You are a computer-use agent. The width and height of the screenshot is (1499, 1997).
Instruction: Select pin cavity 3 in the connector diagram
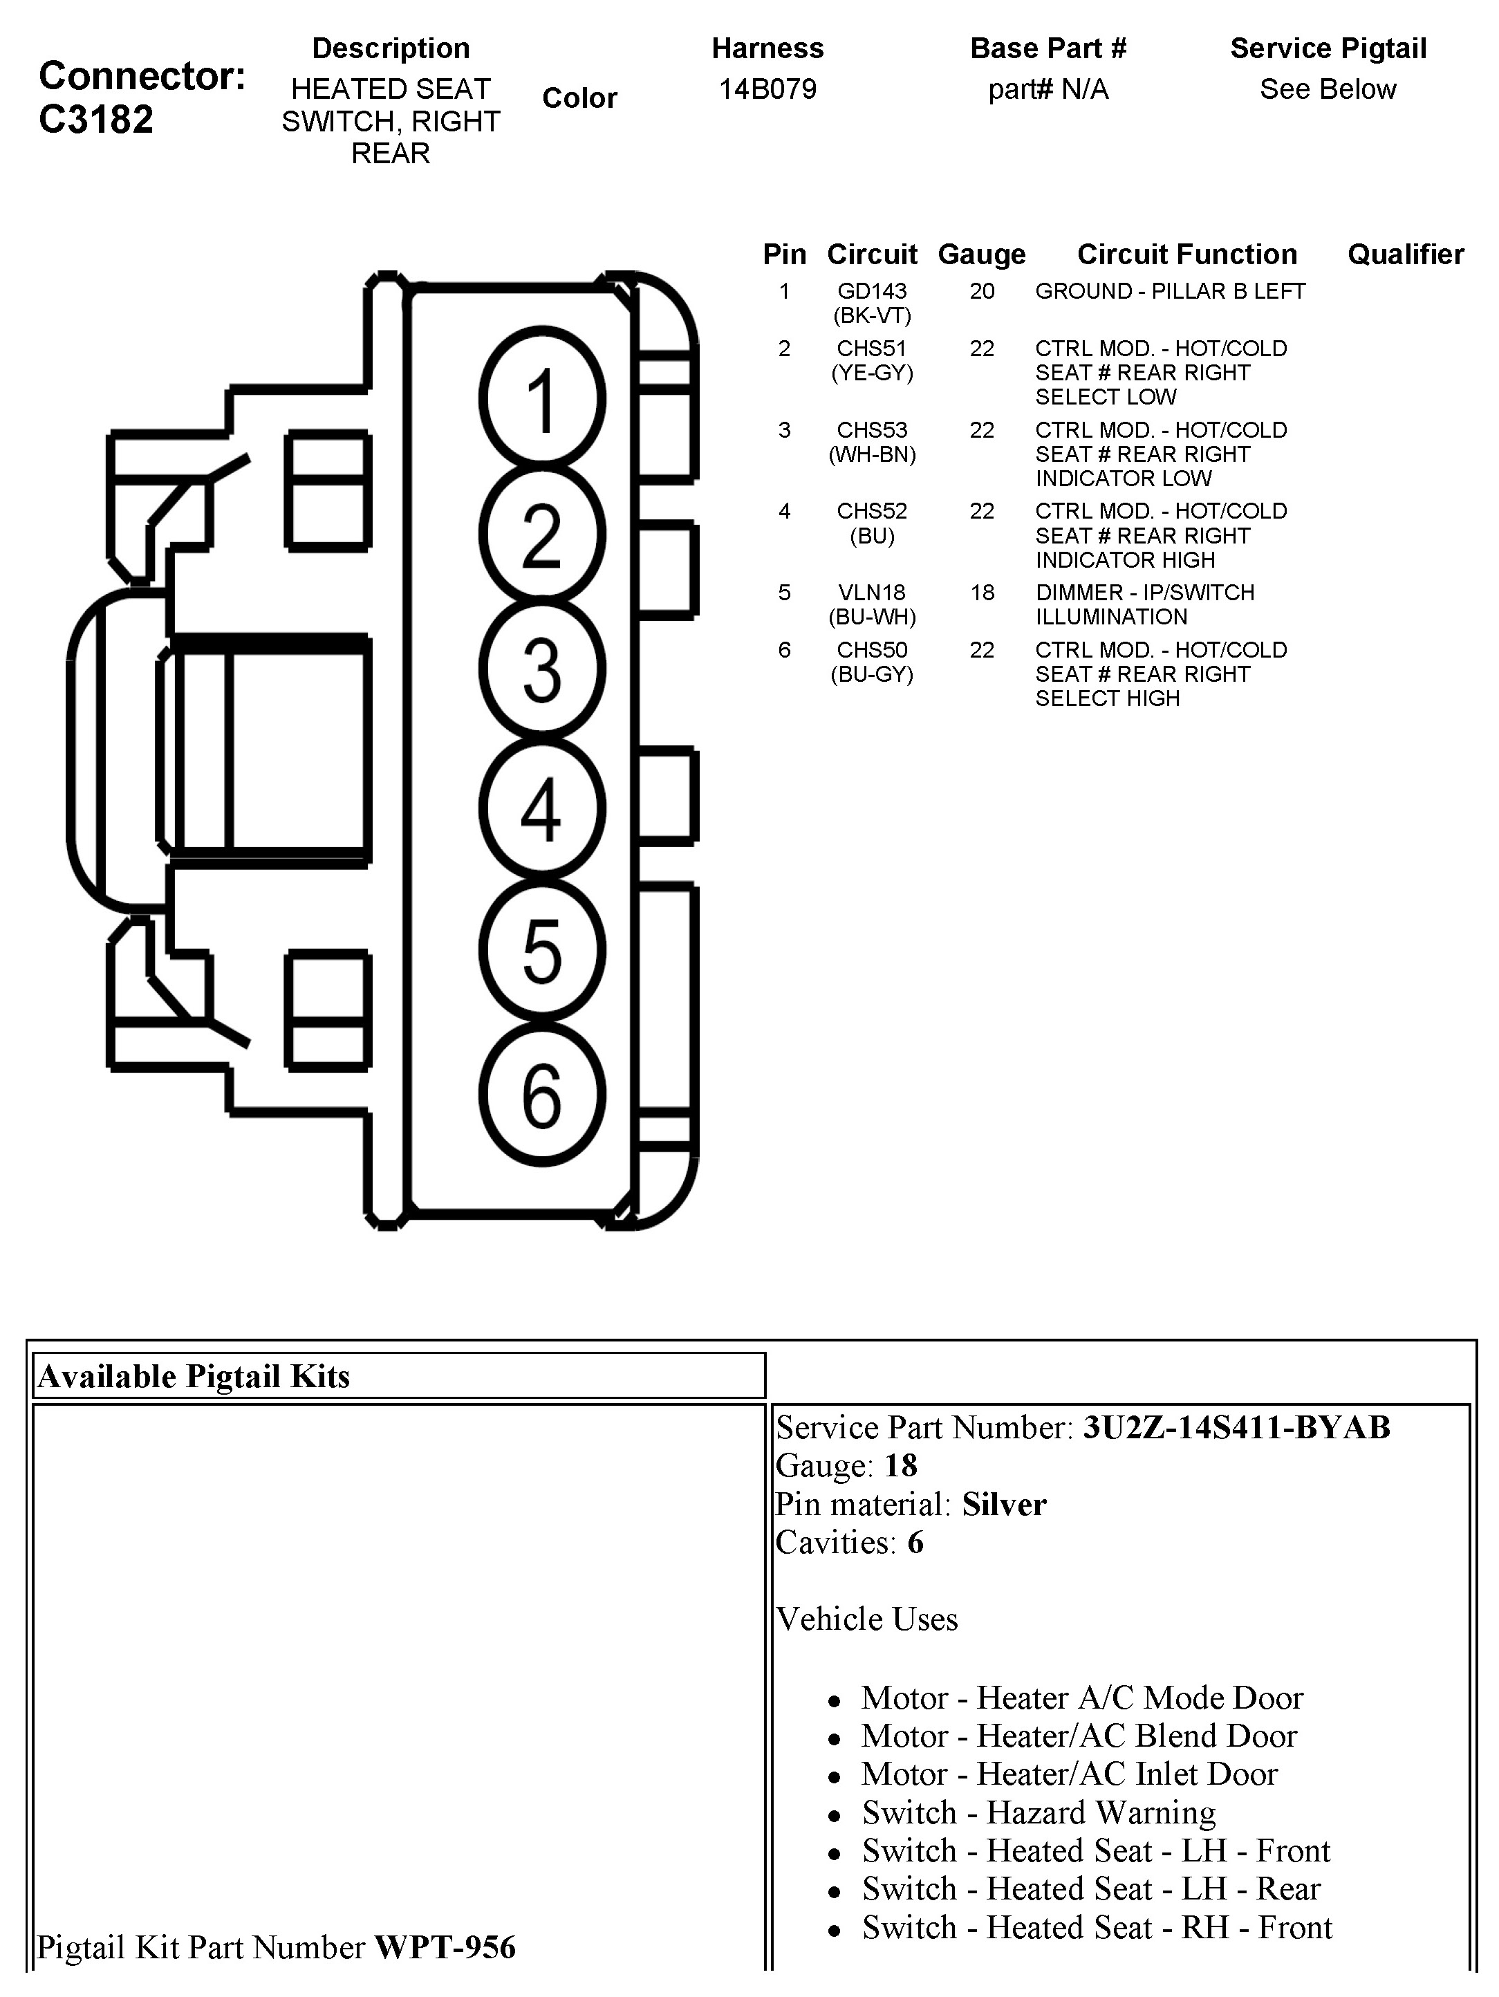coord(541,669)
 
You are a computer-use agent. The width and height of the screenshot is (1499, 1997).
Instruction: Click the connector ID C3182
coord(97,119)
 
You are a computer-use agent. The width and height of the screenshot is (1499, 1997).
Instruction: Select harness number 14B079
coord(767,89)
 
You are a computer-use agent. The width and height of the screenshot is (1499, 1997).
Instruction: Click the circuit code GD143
coord(871,292)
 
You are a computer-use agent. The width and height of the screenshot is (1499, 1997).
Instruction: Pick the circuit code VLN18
coord(871,593)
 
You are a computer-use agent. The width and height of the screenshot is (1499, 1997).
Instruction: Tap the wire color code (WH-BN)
coord(872,455)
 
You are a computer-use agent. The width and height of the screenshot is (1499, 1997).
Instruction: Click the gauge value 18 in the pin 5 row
coord(982,593)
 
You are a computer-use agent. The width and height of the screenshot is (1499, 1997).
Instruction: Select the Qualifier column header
coord(1405,254)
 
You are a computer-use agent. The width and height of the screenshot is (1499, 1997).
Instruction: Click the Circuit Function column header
coord(1186,254)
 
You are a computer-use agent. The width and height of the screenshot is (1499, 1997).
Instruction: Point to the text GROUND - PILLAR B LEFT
coord(1170,292)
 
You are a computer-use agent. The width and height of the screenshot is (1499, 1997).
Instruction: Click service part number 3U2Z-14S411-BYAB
coord(1236,1427)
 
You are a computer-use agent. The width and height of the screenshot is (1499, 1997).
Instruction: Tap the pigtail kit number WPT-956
coord(445,1947)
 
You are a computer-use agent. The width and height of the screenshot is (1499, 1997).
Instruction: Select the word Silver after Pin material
coord(1003,1504)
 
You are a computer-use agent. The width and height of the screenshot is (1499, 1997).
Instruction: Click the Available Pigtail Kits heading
coord(194,1376)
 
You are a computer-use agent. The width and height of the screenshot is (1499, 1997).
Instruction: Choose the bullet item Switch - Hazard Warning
coord(1038,1812)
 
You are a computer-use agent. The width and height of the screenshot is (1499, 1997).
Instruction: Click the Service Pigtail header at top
coord(1328,49)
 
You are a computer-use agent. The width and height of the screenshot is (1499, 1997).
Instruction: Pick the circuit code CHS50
coord(871,650)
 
